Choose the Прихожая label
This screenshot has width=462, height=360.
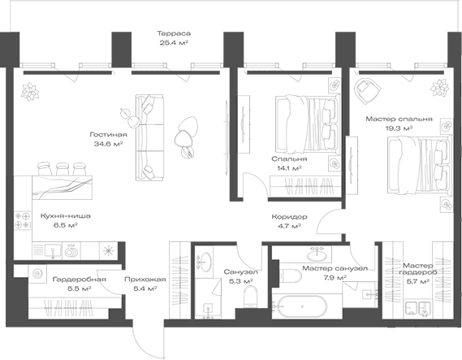pos(145,279)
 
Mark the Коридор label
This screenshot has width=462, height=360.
pos(288,218)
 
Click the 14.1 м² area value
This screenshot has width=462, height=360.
pos(287,169)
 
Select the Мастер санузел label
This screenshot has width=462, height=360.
pos(335,268)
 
